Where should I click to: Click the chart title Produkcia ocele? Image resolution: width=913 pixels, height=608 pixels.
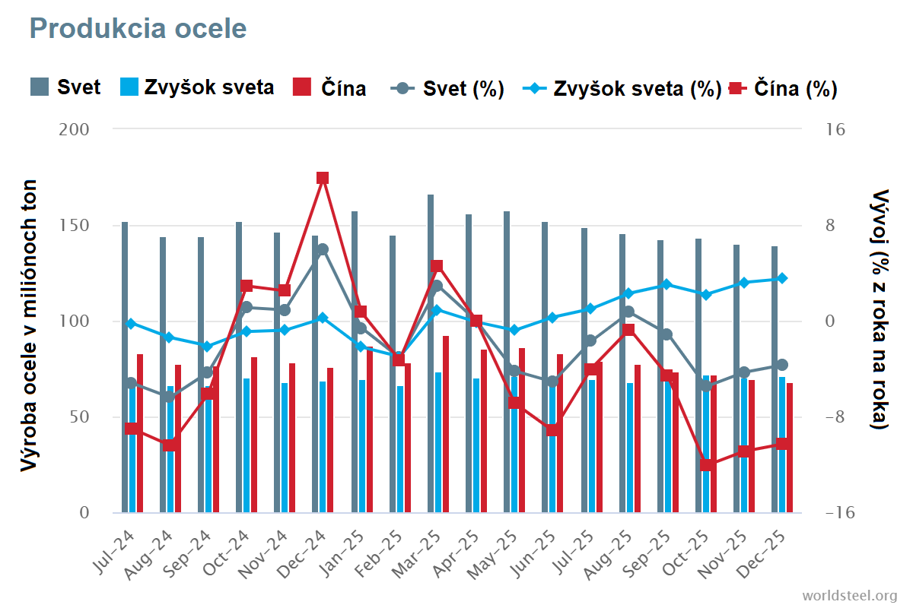[x=138, y=29]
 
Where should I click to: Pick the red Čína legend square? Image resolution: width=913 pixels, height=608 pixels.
[x=302, y=87]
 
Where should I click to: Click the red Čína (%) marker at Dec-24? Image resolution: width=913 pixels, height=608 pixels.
[x=323, y=178]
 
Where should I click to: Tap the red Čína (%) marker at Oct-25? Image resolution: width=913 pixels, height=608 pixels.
[x=706, y=465]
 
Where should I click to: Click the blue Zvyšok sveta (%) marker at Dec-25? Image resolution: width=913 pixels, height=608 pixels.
[x=782, y=278]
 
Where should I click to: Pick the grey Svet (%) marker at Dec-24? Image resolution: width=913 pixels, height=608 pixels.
[x=323, y=249]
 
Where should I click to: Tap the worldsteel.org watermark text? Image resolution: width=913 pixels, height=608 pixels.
[x=850, y=594]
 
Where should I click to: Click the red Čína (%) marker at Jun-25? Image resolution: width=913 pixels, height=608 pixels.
[x=553, y=430]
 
